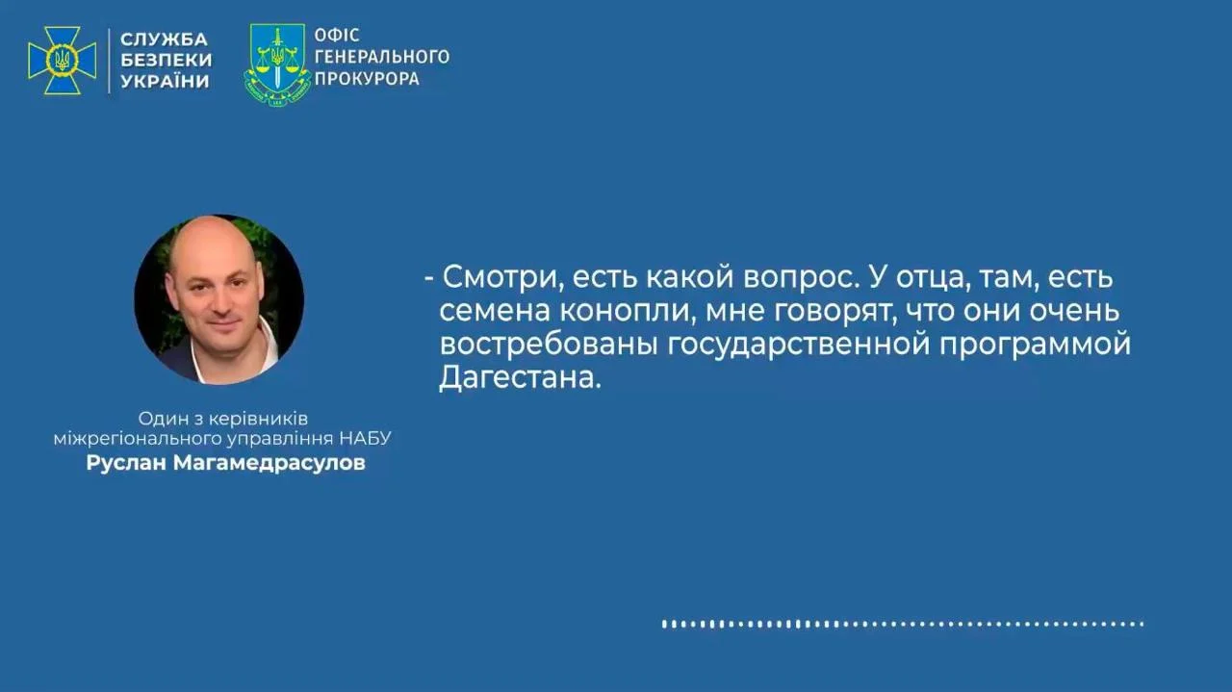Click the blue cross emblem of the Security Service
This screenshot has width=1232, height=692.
[63, 61]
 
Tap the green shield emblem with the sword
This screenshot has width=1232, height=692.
[277, 64]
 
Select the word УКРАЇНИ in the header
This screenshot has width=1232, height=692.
[165, 82]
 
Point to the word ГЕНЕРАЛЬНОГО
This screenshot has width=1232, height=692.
[382, 56]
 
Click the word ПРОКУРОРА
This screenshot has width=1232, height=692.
[368, 78]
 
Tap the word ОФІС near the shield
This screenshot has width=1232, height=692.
[337, 36]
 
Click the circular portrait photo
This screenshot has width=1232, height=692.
[218, 299]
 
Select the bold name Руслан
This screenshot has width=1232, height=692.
[126, 463]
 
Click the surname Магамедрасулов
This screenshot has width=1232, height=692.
[269, 463]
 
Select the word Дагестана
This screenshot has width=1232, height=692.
[520, 378]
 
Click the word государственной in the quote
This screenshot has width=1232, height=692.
[798, 345]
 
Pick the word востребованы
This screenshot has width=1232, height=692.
[549, 345]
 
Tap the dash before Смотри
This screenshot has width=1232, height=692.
[429, 278]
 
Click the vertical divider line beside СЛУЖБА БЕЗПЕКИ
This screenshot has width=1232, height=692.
[109, 61]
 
